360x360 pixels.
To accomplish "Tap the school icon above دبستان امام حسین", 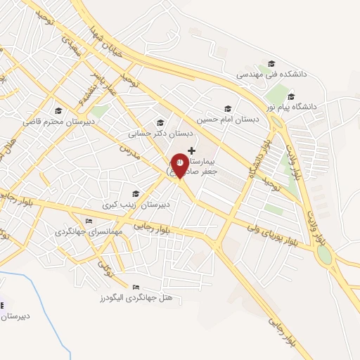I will click(227, 109).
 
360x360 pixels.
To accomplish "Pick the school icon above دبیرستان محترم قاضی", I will click(59, 110).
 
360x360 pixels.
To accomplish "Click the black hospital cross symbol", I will click(192, 150).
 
